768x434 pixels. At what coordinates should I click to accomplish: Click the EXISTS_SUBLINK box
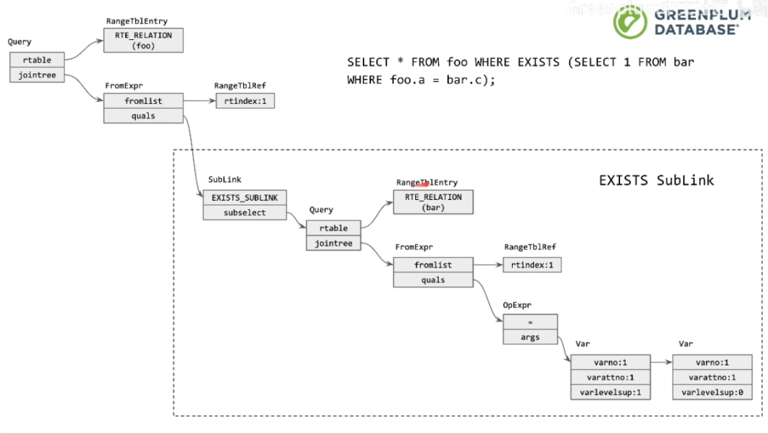point(245,197)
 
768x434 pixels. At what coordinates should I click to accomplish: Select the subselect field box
point(245,213)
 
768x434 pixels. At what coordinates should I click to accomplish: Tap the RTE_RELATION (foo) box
point(144,40)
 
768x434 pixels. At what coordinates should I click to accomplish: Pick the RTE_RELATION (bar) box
point(434,202)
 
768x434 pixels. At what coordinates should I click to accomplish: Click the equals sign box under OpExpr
point(530,322)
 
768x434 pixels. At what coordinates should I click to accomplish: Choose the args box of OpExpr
point(530,337)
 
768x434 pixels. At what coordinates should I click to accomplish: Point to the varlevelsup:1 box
point(611,392)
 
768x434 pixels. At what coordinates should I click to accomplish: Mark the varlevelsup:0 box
point(712,392)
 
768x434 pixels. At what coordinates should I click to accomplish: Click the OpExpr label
point(517,305)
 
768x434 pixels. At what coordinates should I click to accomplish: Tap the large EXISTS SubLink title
point(656,180)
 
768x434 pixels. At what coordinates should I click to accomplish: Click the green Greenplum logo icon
point(630,21)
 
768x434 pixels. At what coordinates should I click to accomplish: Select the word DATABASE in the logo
point(696,30)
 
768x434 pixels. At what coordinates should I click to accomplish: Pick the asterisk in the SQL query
point(400,60)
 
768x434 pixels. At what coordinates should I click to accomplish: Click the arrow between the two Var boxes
point(662,362)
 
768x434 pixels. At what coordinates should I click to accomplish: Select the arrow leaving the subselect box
point(297,220)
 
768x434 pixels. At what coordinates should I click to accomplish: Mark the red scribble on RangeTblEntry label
point(421,184)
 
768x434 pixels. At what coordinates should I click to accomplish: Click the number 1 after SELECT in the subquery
point(627,62)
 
